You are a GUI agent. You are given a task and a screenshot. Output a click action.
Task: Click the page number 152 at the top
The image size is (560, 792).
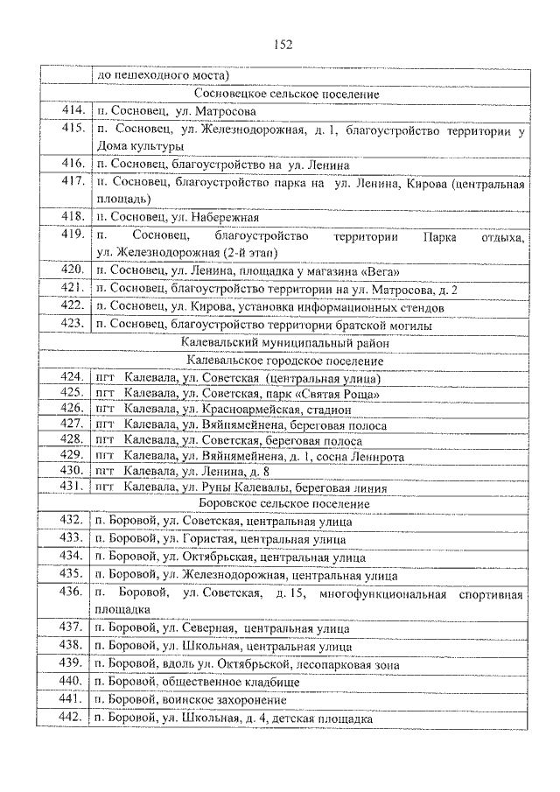(x=282, y=45)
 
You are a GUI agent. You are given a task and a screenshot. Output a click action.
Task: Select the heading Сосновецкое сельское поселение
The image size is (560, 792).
(x=286, y=94)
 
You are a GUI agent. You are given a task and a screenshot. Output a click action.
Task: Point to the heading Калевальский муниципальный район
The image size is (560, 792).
(x=286, y=343)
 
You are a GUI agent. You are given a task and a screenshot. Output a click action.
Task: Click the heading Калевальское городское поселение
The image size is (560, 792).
(x=286, y=360)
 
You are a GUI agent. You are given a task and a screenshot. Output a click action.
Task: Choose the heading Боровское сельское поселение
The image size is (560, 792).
(x=286, y=505)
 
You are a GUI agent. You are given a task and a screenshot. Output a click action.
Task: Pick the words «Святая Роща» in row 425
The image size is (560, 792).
(x=336, y=394)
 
